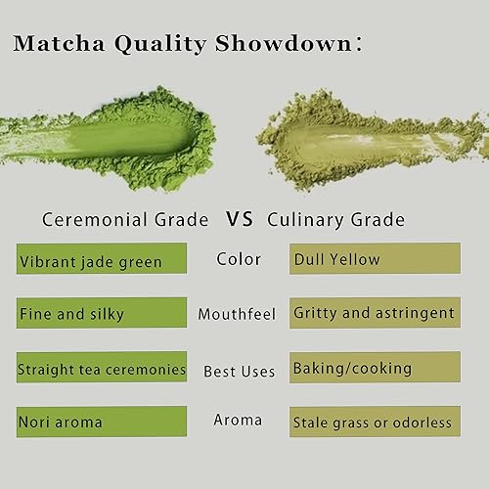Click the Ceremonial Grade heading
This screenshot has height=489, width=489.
[124, 220]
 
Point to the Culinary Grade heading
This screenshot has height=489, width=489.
[334, 220]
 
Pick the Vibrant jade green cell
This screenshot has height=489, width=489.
[101, 261]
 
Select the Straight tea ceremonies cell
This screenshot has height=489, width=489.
[101, 371]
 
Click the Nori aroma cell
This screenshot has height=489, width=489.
[101, 422]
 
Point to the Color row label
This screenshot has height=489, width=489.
[238, 260]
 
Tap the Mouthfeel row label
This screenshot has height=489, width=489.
[238, 315]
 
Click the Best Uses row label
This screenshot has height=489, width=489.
[239, 371]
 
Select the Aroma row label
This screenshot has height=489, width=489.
[238, 421]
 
